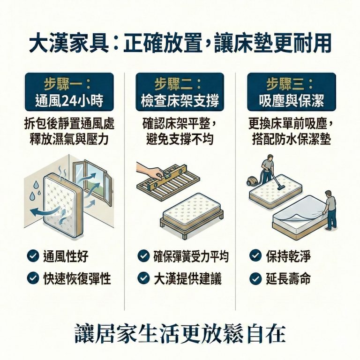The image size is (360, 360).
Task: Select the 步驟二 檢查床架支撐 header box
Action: coord(180,92)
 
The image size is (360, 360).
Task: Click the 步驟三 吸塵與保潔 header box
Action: coord(291,92)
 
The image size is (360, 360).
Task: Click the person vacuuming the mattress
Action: coord(267,169)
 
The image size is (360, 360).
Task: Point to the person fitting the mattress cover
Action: coord(330,209)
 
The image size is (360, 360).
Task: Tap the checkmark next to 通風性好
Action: coord(33,256)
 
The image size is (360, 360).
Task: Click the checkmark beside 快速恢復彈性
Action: coord(33,278)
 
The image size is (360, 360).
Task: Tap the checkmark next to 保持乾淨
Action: coord(255,256)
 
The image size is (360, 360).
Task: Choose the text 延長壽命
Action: coord(288,278)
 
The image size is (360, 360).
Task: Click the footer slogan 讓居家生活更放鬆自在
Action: coord(180,333)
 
